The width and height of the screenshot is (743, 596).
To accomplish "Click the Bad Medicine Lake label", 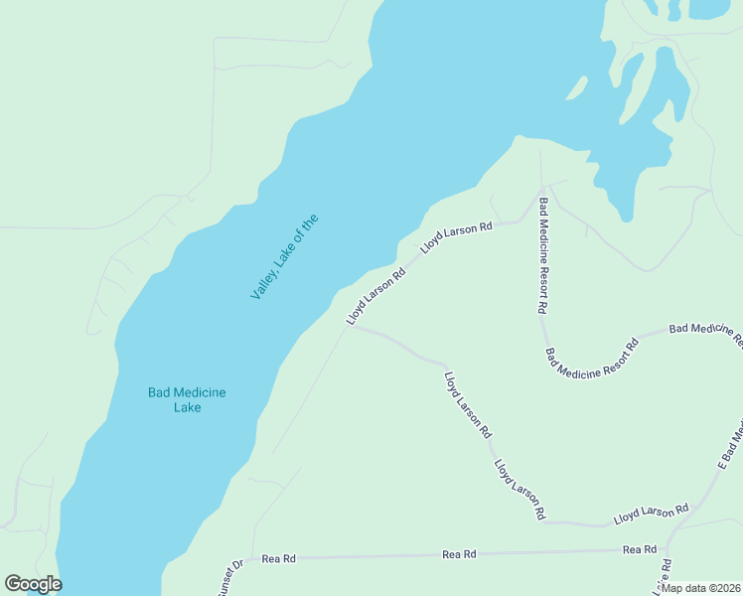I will pyautogui.click(x=187, y=399).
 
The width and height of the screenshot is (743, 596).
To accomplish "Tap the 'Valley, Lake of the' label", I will pyautogui.click(x=284, y=257).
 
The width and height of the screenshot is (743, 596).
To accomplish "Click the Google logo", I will pyautogui.click(x=33, y=584).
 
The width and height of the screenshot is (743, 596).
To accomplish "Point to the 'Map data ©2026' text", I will pyautogui.click(x=700, y=588).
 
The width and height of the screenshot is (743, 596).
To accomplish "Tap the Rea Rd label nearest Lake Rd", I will pyautogui.click(x=640, y=549).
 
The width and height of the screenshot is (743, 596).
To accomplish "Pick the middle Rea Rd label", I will pyautogui.click(x=459, y=553).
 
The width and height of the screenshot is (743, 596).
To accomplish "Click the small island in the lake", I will pyautogui.click(x=575, y=88).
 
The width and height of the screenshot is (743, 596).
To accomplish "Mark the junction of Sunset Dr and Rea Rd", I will pyautogui.click(x=252, y=558).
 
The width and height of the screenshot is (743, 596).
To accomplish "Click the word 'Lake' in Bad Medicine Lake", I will pyautogui.click(x=187, y=407).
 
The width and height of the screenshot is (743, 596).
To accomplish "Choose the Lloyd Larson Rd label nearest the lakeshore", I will pyautogui.click(x=376, y=296).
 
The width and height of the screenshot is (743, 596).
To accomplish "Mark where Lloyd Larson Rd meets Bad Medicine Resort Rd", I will pyautogui.click(x=541, y=190).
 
